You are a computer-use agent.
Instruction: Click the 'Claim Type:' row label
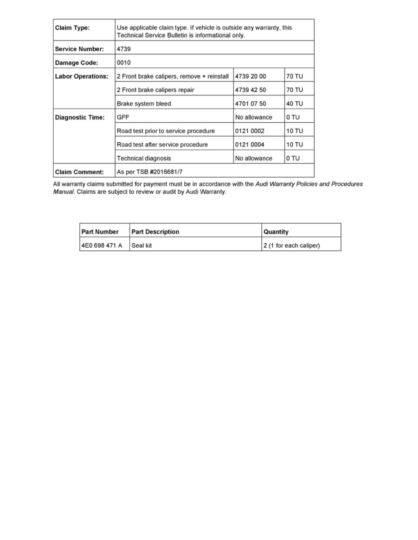click(72, 28)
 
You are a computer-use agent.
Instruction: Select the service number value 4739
click(124, 49)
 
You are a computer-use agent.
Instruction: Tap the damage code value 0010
click(124, 63)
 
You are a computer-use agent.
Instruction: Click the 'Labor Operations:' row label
click(82, 76)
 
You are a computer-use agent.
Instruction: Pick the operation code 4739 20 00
click(250, 76)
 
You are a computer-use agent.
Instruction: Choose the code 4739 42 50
click(250, 90)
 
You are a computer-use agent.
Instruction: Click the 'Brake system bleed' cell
click(144, 104)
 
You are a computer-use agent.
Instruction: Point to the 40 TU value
click(295, 104)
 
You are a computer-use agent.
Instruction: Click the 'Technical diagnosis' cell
click(144, 158)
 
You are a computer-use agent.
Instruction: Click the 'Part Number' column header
click(100, 232)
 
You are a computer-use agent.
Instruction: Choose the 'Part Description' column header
click(155, 232)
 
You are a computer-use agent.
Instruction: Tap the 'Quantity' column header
click(276, 232)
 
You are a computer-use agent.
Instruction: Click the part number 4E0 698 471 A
click(102, 246)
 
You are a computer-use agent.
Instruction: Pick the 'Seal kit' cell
click(142, 246)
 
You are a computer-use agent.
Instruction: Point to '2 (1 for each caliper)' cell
click(292, 246)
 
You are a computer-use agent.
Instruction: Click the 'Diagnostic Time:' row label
click(80, 117)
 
